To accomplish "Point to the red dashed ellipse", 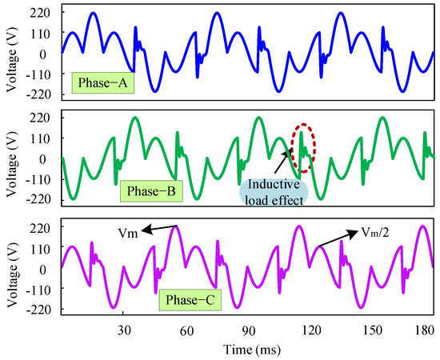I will (x=300, y=148).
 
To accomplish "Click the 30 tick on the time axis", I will (x=123, y=330).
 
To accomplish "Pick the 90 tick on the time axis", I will (x=247, y=330).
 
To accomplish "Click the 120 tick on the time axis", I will (x=310, y=330).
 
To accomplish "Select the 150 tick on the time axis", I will (x=371, y=330).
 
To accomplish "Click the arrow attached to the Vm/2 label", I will (x=335, y=238).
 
